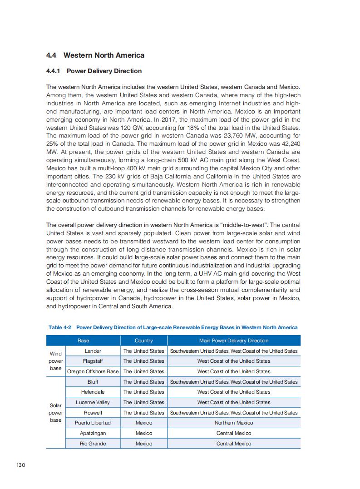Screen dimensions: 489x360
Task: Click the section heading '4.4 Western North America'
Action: [x=95, y=55]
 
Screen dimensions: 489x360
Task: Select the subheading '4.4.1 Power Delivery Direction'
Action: [x=94, y=71]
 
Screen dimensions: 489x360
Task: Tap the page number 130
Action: [x=20, y=465]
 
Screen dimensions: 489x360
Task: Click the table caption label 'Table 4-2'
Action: [x=60, y=327]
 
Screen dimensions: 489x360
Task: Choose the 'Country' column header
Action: [x=144, y=341]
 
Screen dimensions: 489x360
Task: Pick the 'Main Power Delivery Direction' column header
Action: [x=234, y=341]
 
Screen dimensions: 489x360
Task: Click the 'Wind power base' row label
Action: [x=56, y=361]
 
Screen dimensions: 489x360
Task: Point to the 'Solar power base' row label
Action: [x=56, y=413]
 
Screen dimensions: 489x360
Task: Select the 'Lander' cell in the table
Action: [x=93, y=351]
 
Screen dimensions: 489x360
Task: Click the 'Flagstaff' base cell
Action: [x=93, y=361]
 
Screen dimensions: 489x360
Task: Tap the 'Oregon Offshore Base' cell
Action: [x=93, y=371]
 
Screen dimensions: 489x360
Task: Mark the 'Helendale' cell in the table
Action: [x=93, y=392]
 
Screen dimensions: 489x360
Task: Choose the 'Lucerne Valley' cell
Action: [x=93, y=402]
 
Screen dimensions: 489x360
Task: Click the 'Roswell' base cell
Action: [x=93, y=413]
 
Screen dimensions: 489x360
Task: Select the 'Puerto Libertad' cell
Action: [x=93, y=423]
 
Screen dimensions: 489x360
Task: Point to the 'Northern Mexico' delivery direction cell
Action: [x=234, y=423]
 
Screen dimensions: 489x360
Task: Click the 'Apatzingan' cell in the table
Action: [x=93, y=433]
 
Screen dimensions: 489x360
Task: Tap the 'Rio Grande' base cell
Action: [x=93, y=444]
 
